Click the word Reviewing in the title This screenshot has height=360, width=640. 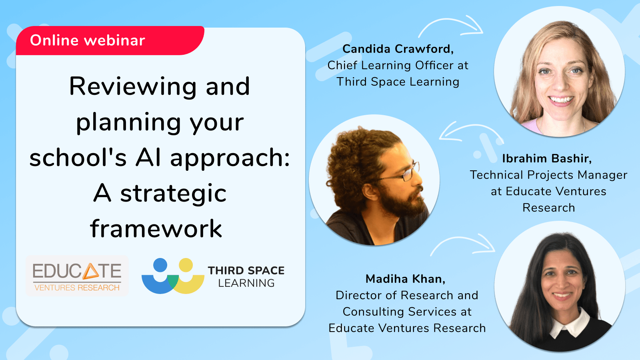(133, 86)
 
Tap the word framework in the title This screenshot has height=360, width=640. (156, 229)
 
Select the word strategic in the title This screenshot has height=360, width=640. (173, 194)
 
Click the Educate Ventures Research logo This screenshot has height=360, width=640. (77, 276)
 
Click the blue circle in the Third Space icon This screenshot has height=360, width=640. (160, 265)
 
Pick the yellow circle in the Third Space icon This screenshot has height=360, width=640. (186, 265)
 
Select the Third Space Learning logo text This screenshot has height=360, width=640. (246, 276)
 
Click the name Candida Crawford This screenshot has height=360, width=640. (398, 49)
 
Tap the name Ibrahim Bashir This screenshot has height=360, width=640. (546, 158)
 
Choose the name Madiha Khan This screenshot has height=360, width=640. (405, 279)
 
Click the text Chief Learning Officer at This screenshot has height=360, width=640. (398, 65)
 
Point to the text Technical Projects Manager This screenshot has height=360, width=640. (548, 175)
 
